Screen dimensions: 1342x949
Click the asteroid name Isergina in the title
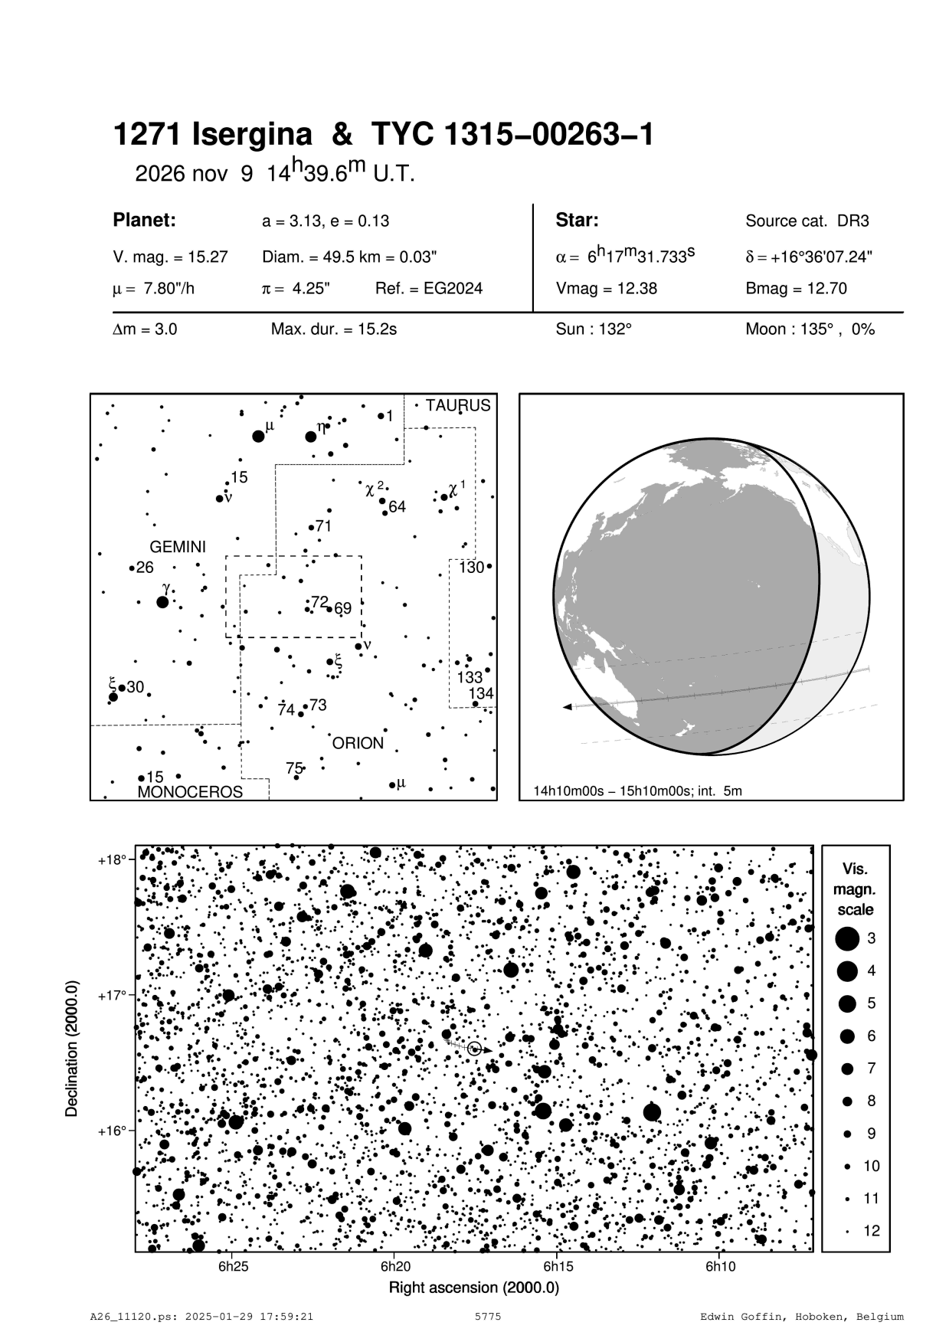coord(252,136)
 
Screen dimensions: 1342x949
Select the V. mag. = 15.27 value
coord(170,257)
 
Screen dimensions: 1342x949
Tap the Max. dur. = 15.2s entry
coord(333,330)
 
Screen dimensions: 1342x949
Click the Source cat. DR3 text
coord(807,221)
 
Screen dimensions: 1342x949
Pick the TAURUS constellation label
coord(458,405)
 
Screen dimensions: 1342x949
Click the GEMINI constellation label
coord(177,547)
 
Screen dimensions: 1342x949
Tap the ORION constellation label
coord(358,743)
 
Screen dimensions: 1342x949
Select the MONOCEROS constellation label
coord(190,792)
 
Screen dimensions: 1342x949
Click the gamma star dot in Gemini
coord(162,602)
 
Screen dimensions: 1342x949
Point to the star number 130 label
coord(471,568)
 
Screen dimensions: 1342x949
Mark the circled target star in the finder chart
coord(474,1049)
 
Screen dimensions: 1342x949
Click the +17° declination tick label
coord(112,995)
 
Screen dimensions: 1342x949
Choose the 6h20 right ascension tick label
coord(396,1266)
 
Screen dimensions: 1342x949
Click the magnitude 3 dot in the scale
coord(847,938)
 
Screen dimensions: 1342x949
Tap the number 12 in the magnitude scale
coord(872,1231)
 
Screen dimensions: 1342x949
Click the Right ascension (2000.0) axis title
coord(473,1288)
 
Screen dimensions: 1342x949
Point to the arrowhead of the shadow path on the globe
coord(567,707)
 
